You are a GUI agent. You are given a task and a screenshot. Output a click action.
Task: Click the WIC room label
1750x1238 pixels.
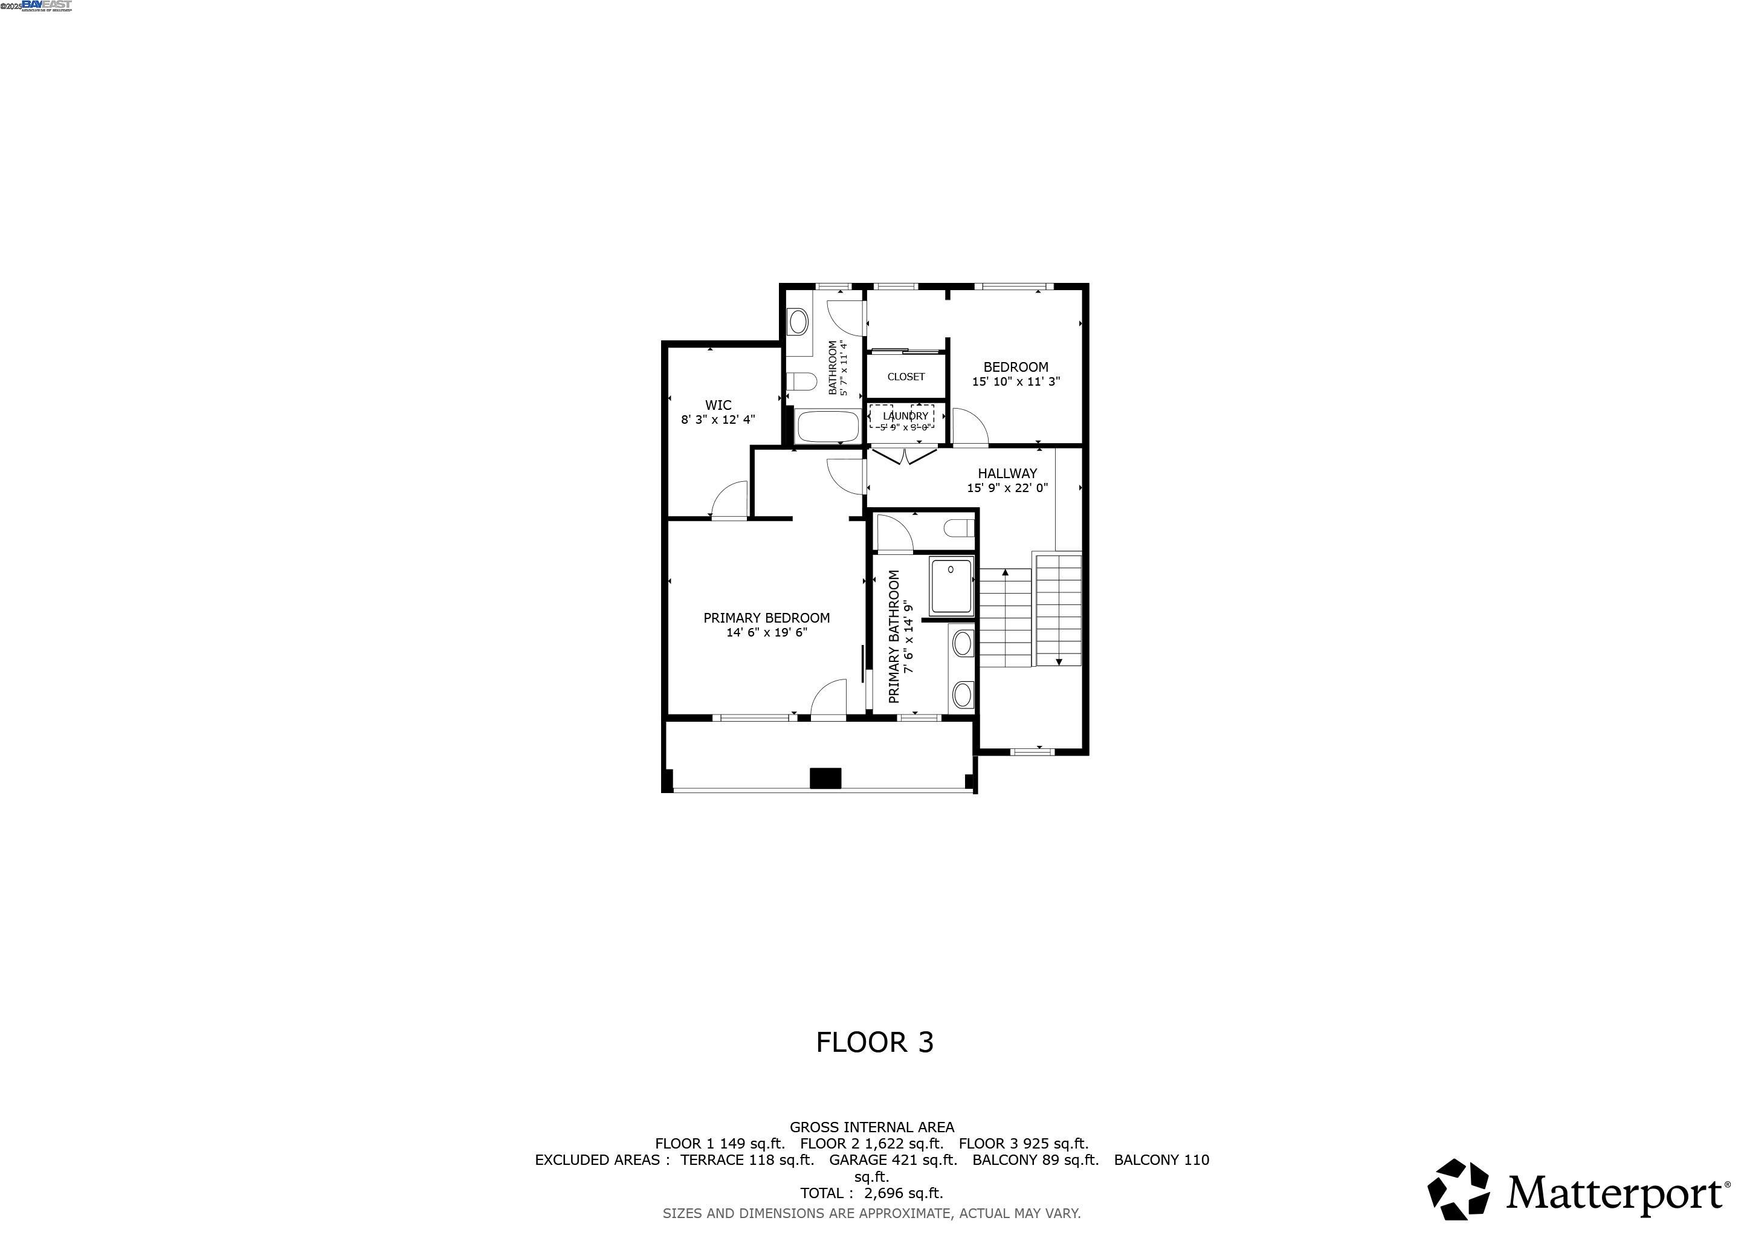(x=718, y=406)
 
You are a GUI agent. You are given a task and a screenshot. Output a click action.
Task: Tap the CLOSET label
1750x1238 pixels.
(x=905, y=377)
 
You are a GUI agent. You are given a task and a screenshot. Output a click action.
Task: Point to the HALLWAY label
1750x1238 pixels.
(x=1007, y=473)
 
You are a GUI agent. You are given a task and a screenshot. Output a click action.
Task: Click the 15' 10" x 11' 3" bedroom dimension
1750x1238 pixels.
(x=1015, y=382)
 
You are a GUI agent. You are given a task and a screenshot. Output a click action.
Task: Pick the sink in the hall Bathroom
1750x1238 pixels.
(x=798, y=322)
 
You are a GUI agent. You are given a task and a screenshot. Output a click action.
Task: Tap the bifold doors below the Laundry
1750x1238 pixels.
(x=904, y=456)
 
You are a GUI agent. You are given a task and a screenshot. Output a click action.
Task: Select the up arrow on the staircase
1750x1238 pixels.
(x=1006, y=572)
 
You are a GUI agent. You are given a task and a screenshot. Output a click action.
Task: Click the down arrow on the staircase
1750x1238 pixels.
(x=1059, y=661)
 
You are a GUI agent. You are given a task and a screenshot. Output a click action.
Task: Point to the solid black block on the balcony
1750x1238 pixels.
(x=825, y=777)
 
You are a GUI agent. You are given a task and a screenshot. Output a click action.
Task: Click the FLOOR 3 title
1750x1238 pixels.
(x=874, y=1042)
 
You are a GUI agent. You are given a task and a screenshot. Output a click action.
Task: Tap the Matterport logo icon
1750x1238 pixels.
(x=1458, y=1188)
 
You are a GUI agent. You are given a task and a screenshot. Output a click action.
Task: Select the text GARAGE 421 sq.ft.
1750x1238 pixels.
(x=893, y=1160)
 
